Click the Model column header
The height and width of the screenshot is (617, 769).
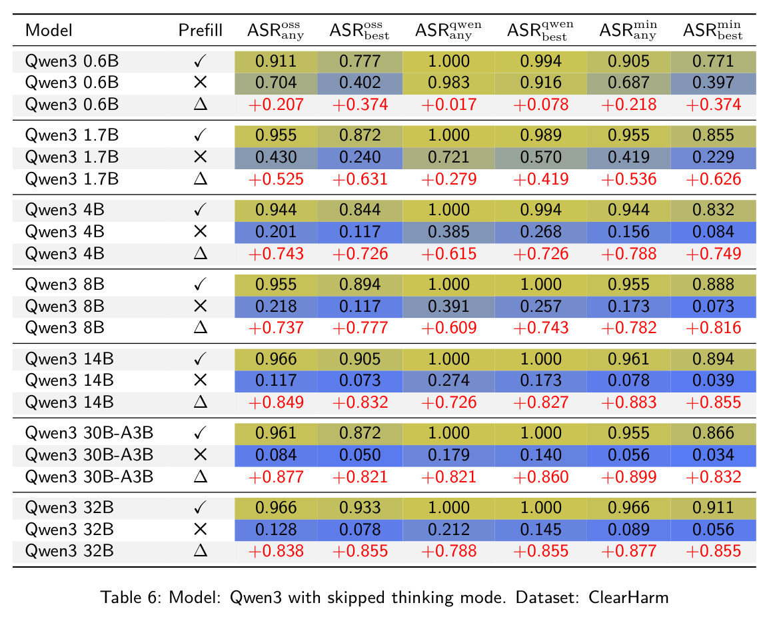pyautogui.click(x=49, y=31)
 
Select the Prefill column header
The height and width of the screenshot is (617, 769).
pyautogui.click(x=200, y=31)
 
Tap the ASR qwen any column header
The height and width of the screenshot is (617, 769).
pyautogui.click(x=448, y=31)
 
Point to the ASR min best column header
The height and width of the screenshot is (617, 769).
pyautogui.click(x=712, y=31)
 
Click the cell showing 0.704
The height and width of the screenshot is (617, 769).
pyautogui.click(x=276, y=83)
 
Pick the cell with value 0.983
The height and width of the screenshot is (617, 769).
pyautogui.click(x=448, y=83)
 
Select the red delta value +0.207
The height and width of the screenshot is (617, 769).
pyautogui.click(x=276, y=105)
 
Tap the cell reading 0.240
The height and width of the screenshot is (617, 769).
pyautogui.click(x=360, y=157)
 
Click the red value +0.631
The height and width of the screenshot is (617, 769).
pyautogui.click(x=360, y=179)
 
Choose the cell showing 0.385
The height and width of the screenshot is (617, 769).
pyautogui.click(x=448, y=231)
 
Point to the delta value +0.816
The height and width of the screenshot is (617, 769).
pyautogui.click(x=713, y=328)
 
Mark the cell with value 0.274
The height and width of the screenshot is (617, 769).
pyautogui.click(x=448, y=380)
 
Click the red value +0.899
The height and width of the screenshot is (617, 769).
pyautogui.click(x=629, y=476)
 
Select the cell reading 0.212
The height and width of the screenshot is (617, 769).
pyautogui.click(x=448, y=529)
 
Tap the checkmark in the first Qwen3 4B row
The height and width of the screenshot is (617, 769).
pyautogui.click(x=200, y=210)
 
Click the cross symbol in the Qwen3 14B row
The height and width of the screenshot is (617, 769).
pyautogui.click(x=200, y=380)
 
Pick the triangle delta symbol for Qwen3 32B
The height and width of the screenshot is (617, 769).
pyautogui.click(x=200, y=551)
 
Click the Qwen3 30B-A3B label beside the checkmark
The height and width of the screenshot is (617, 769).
pyautogui.click(x=89, y=433)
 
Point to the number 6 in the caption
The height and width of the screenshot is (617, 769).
pyautogui.click(x=152, y=598)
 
